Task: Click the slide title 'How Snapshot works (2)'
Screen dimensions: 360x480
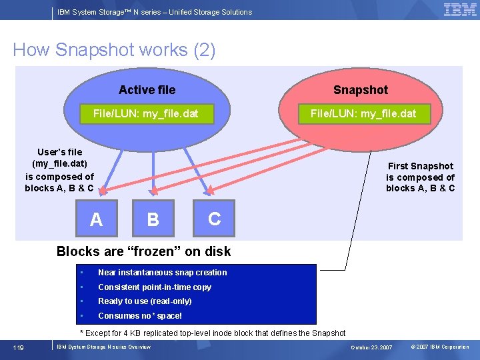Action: click(x=114, y=50)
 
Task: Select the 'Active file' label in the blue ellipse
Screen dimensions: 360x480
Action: click(x=147, y=90)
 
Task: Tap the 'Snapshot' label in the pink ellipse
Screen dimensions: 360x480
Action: click(x=360, y=90)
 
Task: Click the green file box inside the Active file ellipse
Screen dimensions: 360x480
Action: click(x=145, y=113)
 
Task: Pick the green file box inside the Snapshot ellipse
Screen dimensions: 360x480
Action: click(x=363, y=113)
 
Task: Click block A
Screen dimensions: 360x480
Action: click(x=96, y=219)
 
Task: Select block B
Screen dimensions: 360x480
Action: click(x=153, y=219)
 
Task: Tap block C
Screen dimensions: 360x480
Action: click(x=214, y=218)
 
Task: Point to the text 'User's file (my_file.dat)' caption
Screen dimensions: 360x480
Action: click(x=59, y=158)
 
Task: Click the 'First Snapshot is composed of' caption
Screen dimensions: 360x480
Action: click(x=420, y=171)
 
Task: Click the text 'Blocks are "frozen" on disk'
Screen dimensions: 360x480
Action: click(x=143, y=251)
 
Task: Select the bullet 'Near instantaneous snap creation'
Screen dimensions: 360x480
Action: click(x=162, y=272)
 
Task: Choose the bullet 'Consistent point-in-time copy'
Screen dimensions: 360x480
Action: click(x=155, y=287)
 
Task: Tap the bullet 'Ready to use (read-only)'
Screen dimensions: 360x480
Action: click(x=145, y=301)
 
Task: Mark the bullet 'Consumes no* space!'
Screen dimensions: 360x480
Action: click(x=140, y=316)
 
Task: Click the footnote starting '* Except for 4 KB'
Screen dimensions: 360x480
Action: click(x=213, y=333)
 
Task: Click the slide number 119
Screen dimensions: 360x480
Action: click(x=21, y=347)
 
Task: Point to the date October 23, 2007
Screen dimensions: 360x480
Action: click(x=371, y=347)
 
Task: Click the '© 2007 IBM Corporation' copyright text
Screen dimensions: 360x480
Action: click(x=439, y=347)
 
